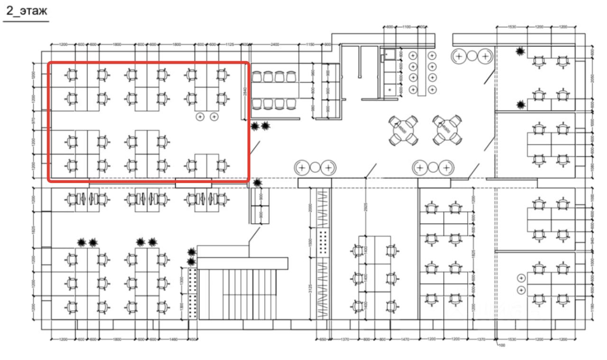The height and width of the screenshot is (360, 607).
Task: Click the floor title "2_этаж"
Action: (x=27, y=11)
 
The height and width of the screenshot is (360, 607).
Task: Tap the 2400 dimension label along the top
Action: (x=275, y=44)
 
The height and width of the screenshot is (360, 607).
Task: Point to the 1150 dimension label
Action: (x=310, y=44)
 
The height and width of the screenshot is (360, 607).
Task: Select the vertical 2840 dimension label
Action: (x=245, y=91)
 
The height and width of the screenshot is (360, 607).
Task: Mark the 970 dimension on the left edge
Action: (x=33, y=121)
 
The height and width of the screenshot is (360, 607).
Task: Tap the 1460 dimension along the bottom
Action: (x=173, y=339)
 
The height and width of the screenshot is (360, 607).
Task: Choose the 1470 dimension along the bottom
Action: (x=405, y=339)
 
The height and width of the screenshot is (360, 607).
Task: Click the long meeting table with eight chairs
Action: (x=275, y=90)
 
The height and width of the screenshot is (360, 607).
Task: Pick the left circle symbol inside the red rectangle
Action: (x=200, y=116)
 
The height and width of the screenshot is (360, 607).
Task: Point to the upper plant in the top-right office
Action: (x=521, y=51)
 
